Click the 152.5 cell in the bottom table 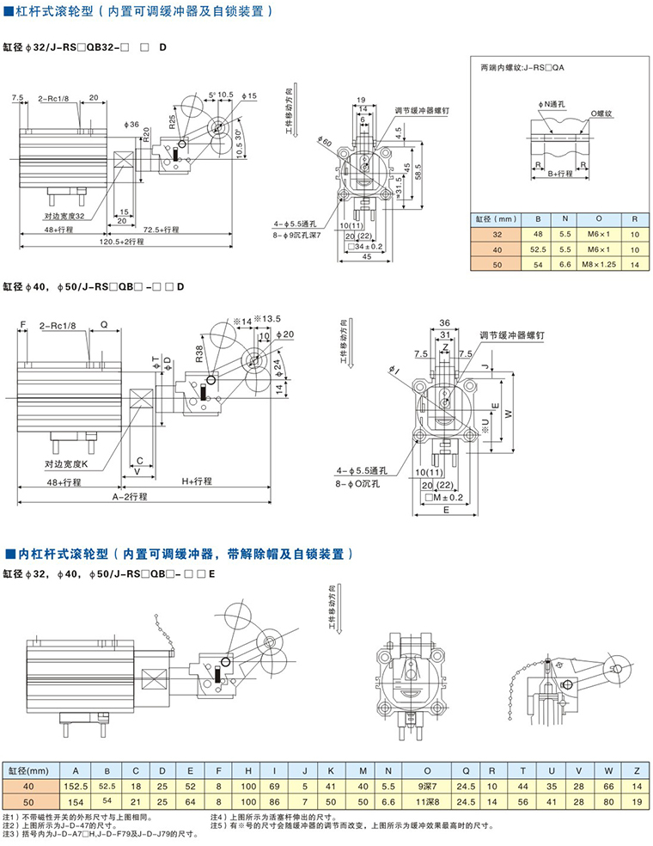coord(76,786)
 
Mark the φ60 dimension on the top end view coord(324,140)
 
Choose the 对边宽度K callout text coord(73,464)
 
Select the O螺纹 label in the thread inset coord(603,113)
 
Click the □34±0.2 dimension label coord(370,247)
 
